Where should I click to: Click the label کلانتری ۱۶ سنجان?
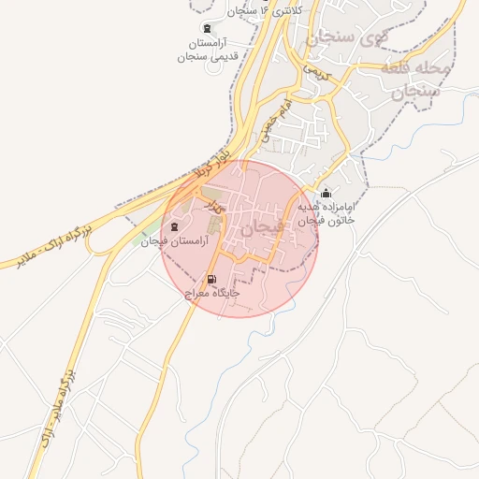point(241,11)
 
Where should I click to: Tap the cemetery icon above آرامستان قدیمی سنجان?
point(206,29)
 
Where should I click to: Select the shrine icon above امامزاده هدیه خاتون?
point(326,194)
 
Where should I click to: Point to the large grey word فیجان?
point(260,228)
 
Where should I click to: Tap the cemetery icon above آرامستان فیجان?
point(176,227)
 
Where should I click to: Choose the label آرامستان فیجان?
point(167,241)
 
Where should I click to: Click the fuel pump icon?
point(210,279)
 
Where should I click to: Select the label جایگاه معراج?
point(212,293)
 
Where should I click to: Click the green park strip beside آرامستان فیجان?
point(152,227)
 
